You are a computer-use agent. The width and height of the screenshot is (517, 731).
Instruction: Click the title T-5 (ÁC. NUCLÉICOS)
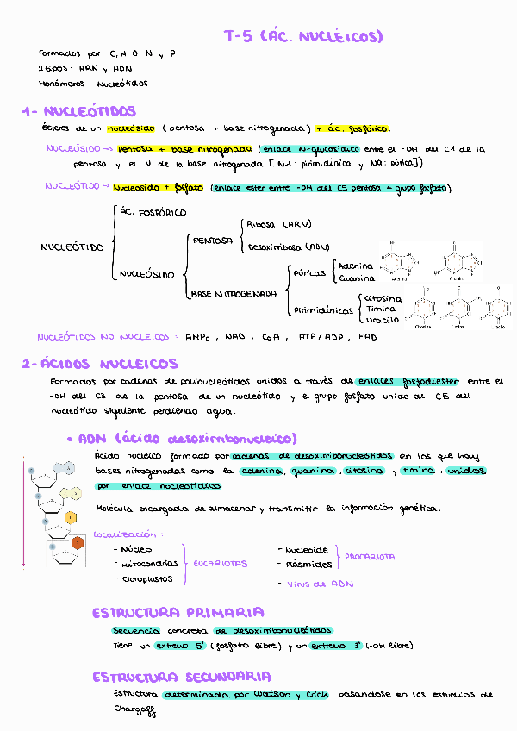(x=302, y=36)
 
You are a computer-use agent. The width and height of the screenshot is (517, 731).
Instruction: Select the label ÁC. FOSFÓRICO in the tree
(x=153, y=212)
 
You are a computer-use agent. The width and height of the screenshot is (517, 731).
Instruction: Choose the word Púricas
(x=309, y=272)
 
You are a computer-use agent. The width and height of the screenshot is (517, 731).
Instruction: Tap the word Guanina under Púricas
(x=356, y=278)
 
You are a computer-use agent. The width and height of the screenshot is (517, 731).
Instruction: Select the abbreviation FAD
(x=368, y=337)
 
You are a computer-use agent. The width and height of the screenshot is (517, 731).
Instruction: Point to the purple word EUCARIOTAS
(x=219, y=564)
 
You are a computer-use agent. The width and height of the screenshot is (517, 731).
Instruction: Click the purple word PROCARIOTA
(x=371, y=557)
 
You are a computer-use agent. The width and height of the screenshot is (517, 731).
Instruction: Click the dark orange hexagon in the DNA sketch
(x=78, y=542)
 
